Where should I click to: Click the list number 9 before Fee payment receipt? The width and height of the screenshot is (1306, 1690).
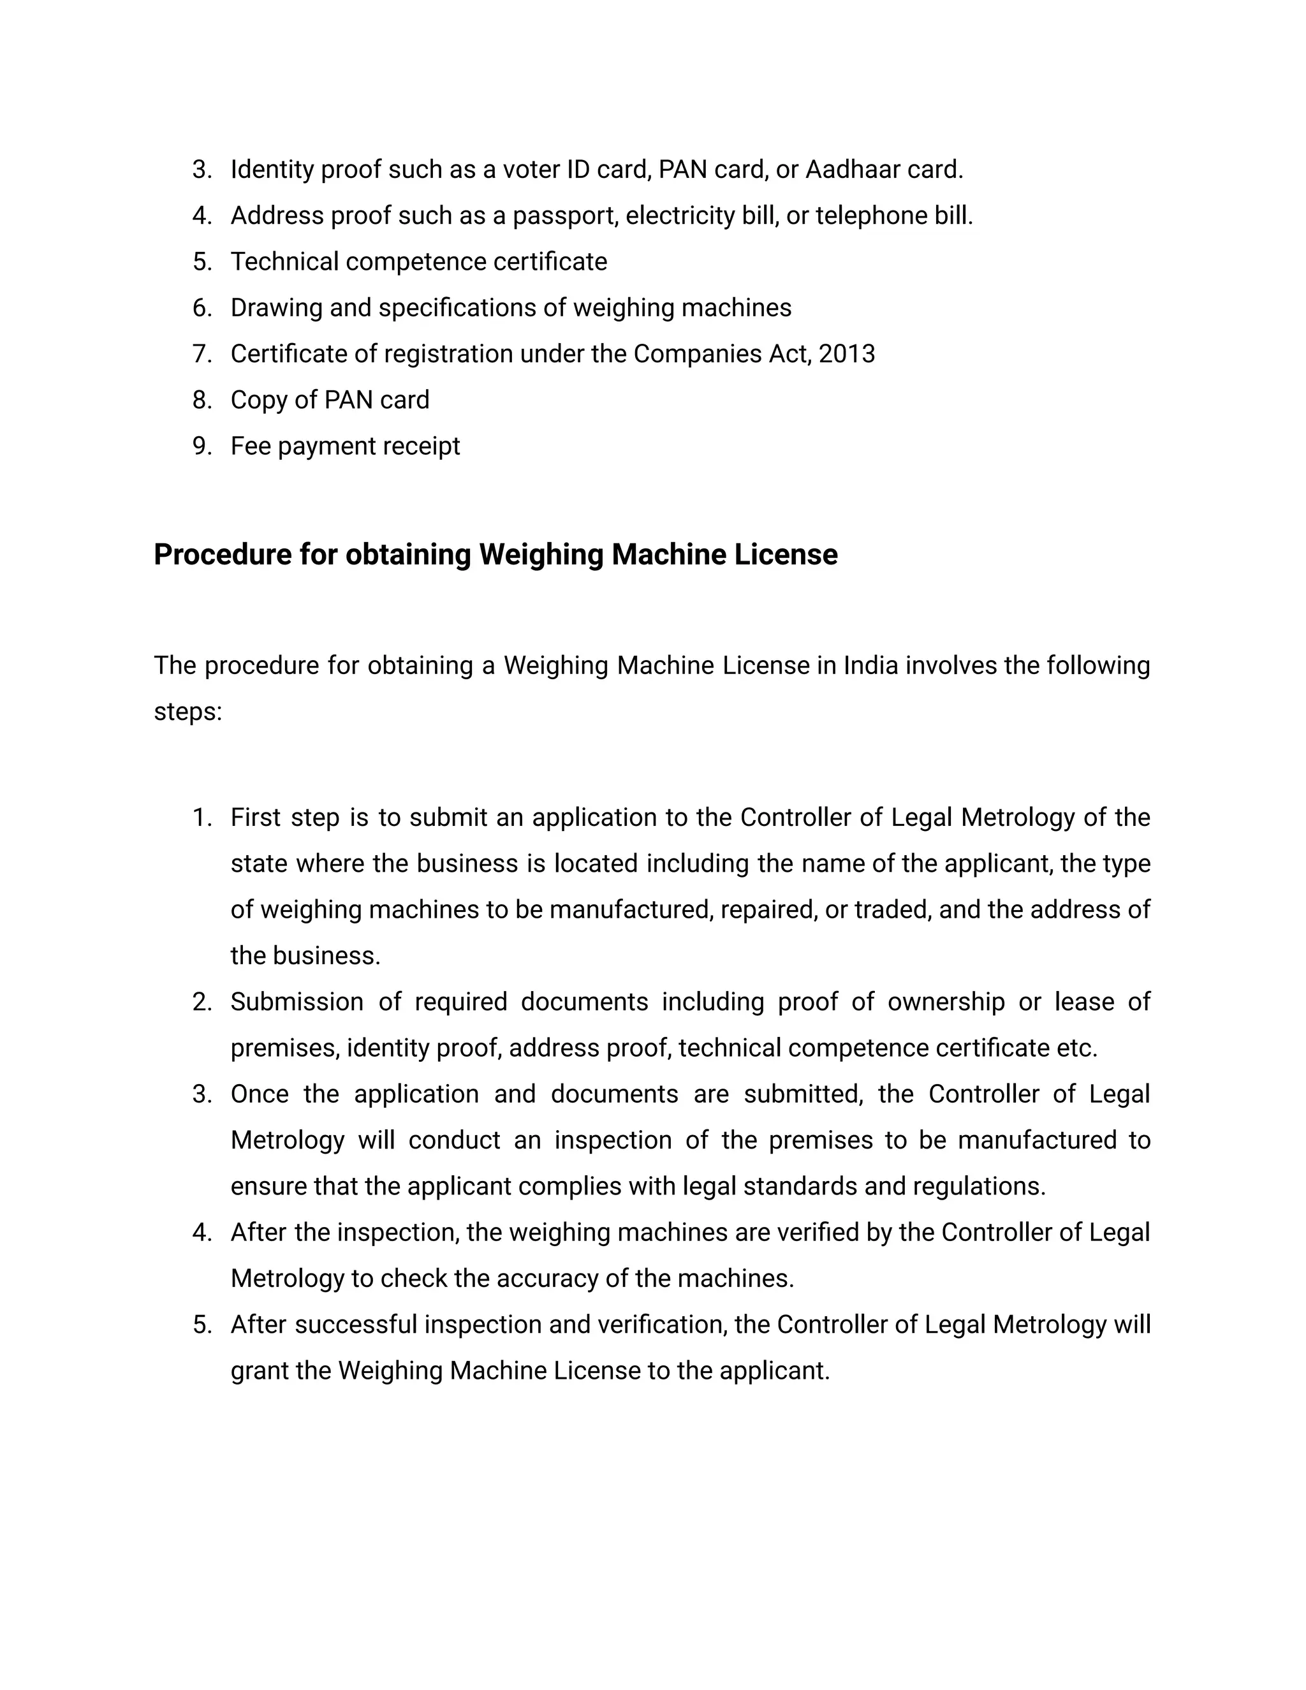201,446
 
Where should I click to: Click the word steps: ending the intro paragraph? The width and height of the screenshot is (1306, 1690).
188,712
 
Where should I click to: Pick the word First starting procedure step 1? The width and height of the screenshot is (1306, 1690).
255,818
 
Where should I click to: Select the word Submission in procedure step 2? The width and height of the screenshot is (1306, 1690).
297,1002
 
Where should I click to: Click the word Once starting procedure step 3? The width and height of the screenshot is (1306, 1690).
259,1095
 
